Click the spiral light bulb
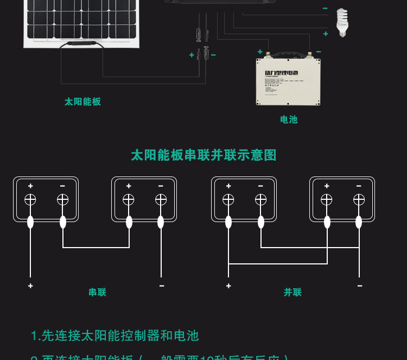[341, 22]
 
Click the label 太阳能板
[82, 102]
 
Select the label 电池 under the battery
[289, 119]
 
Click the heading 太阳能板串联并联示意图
[203, 155]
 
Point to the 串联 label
[97, 292]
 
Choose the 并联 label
[292, 292]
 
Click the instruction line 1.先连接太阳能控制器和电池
[115, 336]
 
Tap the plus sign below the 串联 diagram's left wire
[30, 286]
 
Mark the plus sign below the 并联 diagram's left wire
[228, 286]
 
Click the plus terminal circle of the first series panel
[30, 200]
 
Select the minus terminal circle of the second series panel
[161, 200]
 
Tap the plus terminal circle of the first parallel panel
[228, 200]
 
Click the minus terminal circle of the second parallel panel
[359, 200]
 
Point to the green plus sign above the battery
[260, 52]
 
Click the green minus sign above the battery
[319, 52]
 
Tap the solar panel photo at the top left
[82, 22]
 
